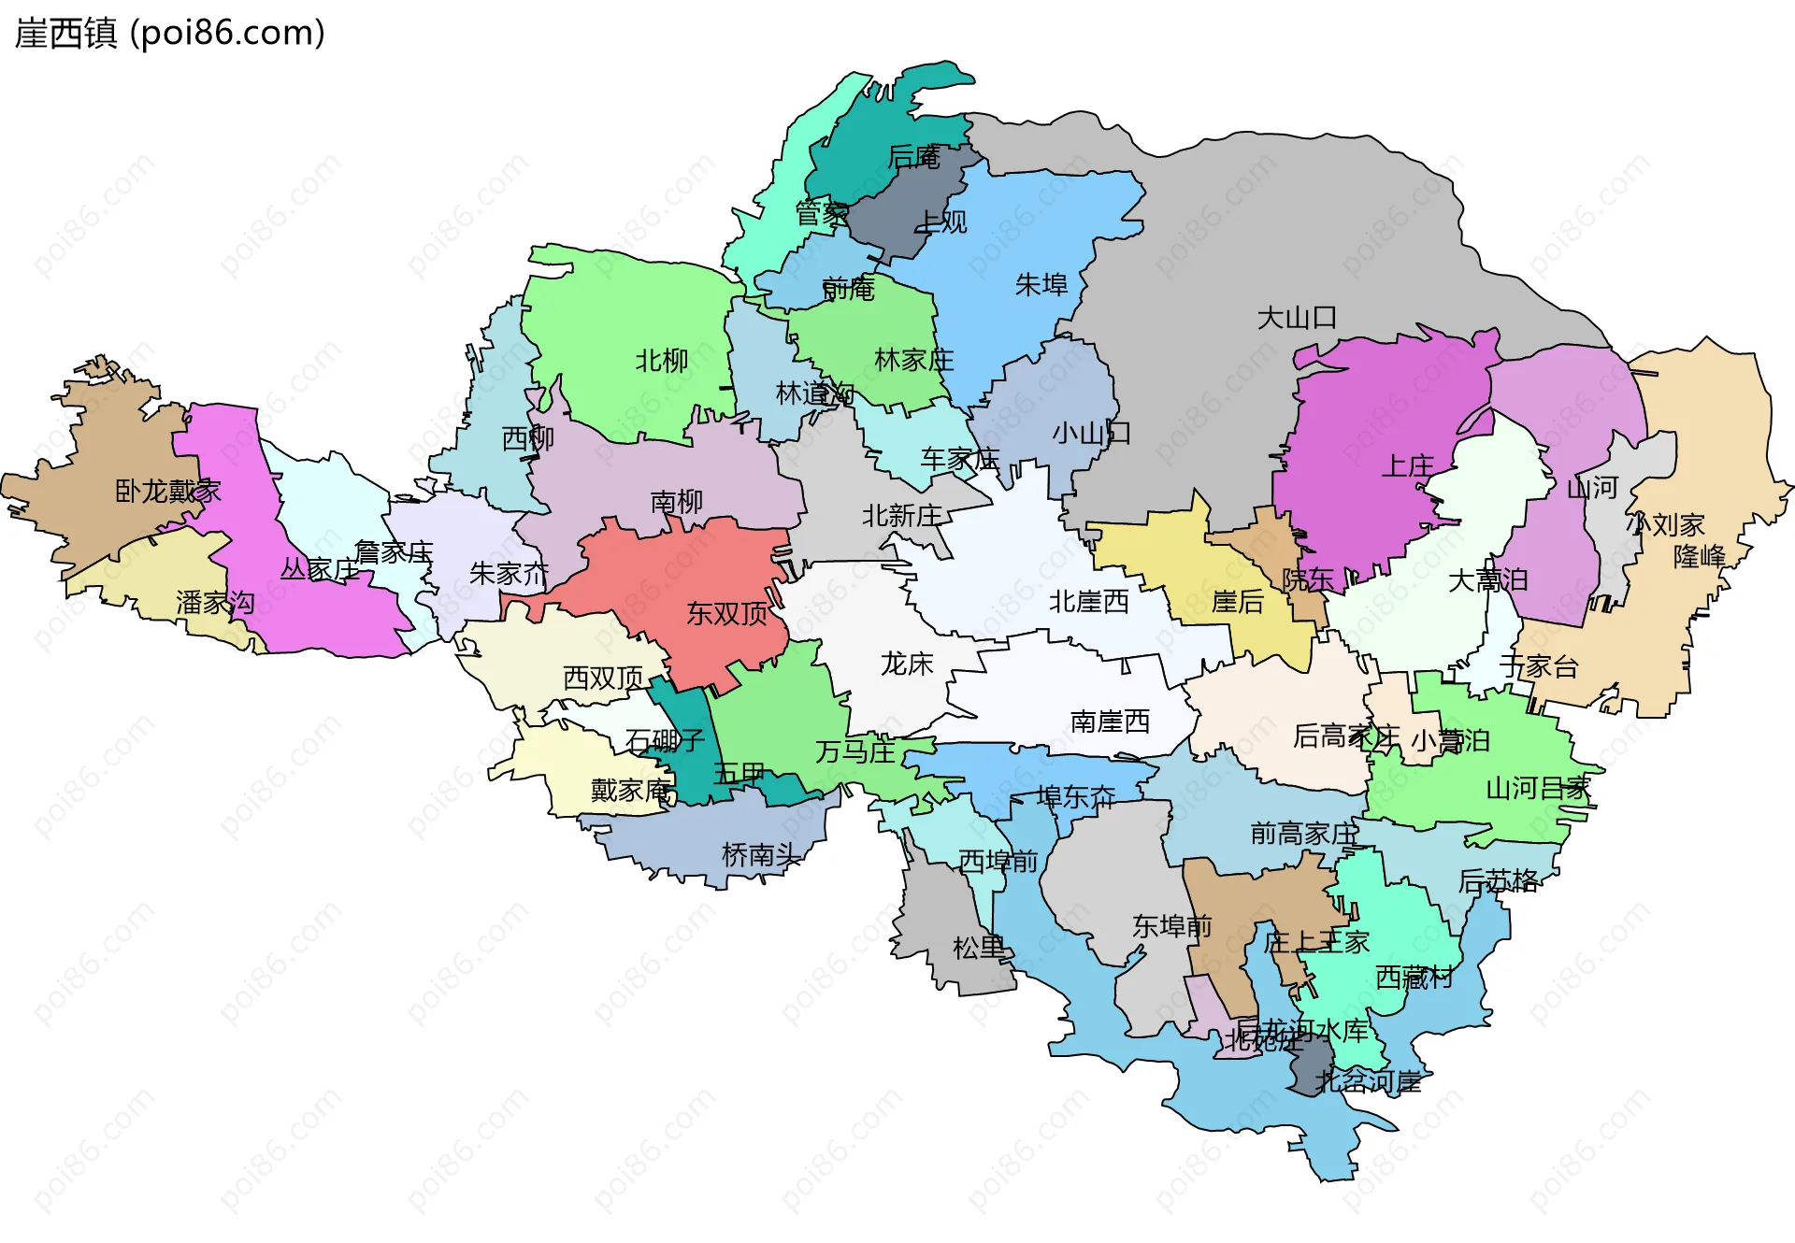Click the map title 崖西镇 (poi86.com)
click(170, 33)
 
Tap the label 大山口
click(1296, 318)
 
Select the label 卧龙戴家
click(167, 491)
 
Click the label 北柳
click(662, 361)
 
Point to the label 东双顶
click(727, 613)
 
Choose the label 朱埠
click(1041, 284)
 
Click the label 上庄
click(1407, 465)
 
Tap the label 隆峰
click(1699, 556)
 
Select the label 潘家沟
click(215, 603)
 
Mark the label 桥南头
click(761, 854)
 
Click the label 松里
click(979, 948)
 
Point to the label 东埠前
click(1171, 926)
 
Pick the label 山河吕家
click(1538, 788)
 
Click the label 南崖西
click(1110, 722)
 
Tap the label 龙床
click(907, 664)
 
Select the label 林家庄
click(913, 360)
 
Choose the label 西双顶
click(603, 678)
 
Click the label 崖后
click(1237, 602)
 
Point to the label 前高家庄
click(1303, 833)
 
